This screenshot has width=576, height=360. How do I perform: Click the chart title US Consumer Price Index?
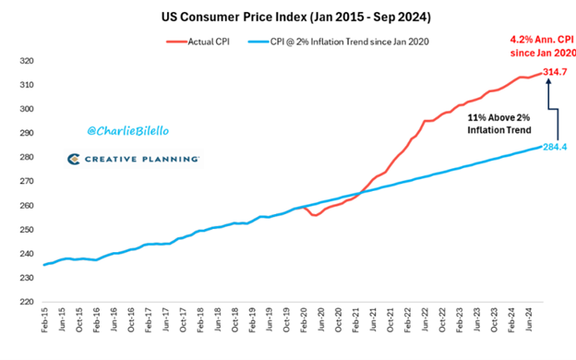[x=295, y=17]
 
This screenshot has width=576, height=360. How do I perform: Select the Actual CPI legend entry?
[x=198, y=42]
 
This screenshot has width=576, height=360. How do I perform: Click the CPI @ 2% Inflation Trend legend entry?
[x=339, y=42]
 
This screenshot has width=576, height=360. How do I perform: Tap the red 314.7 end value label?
[x=555, y=72]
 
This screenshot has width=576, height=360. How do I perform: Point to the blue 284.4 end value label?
[x=555, y=148]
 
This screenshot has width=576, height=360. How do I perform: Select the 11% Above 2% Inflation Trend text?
[x=499, y=124]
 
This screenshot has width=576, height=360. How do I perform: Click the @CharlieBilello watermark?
[x=128, y=131]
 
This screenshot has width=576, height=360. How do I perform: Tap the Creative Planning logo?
[x=133, y=159]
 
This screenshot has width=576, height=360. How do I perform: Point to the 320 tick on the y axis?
[x=27, y=61]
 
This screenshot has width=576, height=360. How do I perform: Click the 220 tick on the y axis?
[x=27, y=302]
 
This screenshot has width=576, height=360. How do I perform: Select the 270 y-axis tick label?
[x=27, y=182]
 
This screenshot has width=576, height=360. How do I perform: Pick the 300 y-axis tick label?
[x=27, y=109]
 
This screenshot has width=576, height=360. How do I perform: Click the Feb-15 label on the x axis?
[x=44, y=320]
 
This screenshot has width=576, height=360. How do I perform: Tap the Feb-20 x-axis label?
[x=304, y=320]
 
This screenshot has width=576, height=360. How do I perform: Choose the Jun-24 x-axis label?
[x=529, y=319]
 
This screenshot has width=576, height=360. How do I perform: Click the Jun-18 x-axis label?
[x=218, y=319]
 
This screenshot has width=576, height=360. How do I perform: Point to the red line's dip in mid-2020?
[x=315, y=214]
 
